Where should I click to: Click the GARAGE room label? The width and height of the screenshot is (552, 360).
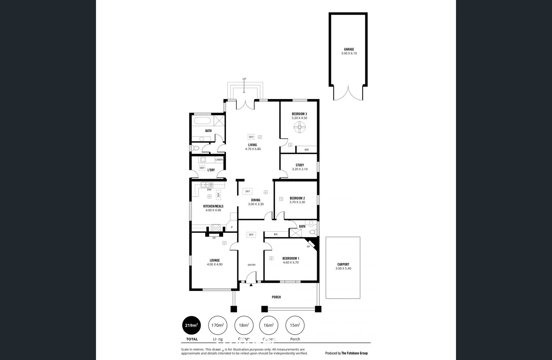(349, 49)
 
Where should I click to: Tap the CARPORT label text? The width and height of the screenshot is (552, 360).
(343, 264)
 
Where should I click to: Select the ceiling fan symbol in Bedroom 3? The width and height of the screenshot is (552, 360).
(299, 127)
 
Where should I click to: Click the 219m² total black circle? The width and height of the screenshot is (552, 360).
(191, 325)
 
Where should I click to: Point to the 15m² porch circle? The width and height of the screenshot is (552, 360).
(295, 325)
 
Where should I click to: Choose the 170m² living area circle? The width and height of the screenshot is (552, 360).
(217, 325)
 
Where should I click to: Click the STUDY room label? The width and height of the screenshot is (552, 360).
(300, 165)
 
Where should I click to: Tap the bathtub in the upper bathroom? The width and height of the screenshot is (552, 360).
(202, 121)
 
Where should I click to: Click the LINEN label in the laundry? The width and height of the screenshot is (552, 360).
(219, 160)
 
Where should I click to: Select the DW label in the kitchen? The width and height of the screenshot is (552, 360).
(209, 190)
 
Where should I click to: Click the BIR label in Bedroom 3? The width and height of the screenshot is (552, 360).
(306, 150)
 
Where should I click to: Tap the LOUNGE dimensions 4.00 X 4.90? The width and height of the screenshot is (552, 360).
(215, 264)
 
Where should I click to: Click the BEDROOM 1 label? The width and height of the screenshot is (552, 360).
(291, 258)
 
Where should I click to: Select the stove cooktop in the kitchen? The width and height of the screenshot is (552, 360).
(216, 228)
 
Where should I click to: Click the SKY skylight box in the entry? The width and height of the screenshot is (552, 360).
(251, 235)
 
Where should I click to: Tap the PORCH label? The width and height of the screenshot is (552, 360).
(276, 297)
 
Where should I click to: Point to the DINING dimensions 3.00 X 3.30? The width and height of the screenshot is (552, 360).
(256, 204)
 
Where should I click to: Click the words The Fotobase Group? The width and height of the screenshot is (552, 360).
(354, 353)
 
